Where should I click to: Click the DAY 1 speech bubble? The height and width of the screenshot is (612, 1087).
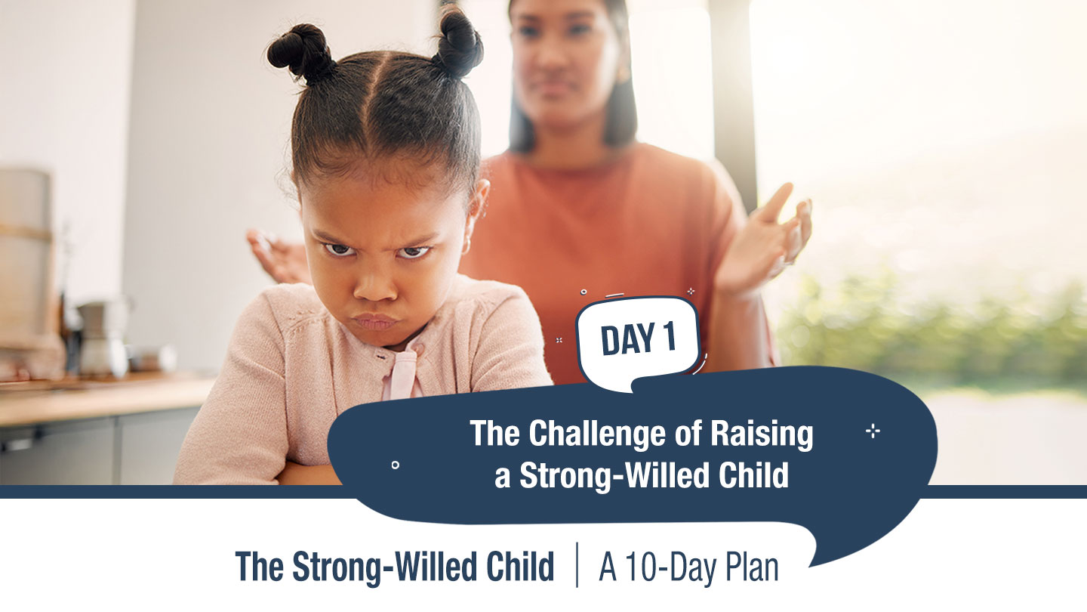[638, 342]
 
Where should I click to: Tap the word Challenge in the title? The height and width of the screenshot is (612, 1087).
[598, 433]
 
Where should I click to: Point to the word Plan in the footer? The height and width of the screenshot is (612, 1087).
[752, 567]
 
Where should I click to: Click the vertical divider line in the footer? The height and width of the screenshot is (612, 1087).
[577, 565]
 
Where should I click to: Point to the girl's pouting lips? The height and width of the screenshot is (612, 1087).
[374, 322]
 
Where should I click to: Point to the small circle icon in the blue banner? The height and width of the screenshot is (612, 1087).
[396, 465]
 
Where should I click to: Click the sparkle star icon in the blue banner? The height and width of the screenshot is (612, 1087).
[873, 431]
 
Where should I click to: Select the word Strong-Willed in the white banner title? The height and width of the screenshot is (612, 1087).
[614, 475]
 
